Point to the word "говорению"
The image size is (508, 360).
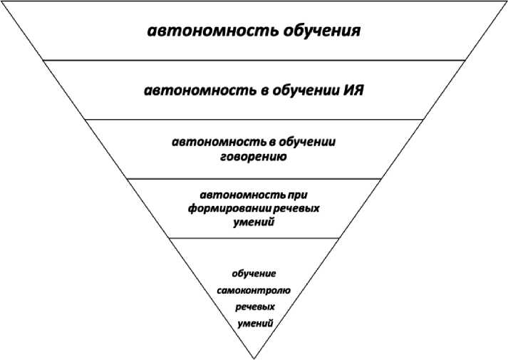point(253,156)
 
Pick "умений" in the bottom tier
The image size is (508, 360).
point(254,323)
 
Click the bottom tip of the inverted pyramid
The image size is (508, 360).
point(254,357)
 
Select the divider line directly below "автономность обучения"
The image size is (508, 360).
point(254,61)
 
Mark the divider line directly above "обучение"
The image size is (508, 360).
point(254,238)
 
